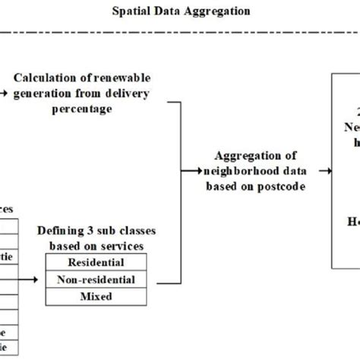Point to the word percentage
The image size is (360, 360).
coord(85,109)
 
